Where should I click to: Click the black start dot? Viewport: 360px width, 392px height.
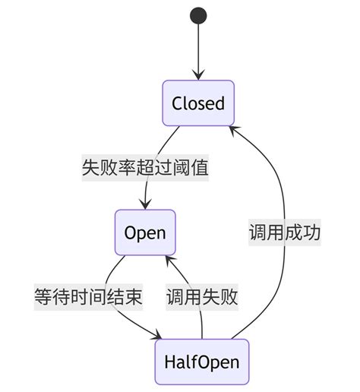pyautogui.click(x=198, y=14)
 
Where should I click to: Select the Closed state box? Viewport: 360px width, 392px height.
pyautogui.click(x=198, y=103)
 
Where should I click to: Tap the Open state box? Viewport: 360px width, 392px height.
pyautogui.click(x=144, y=232)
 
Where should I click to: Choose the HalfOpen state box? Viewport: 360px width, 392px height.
pyautogui.click(x=201, y=362)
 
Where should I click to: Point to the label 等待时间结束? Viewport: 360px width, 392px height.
pyautogui.click(x=88, y=297)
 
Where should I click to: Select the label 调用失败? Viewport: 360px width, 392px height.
pyautogui.click(x=202, y=297)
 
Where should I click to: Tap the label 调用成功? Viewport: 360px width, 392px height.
pyautogui.click(x=284, y=233)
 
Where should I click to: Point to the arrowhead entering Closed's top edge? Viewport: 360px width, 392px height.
pyautogui.click(x=198, y=74)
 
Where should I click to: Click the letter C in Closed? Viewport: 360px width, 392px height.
pyautogui.click(x=177, y=103)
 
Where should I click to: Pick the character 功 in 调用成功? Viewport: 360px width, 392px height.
pyautogui.click(x=311, y=233)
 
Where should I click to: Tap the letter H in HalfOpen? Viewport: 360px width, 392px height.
pyautogui.click(x=170, y=362)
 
